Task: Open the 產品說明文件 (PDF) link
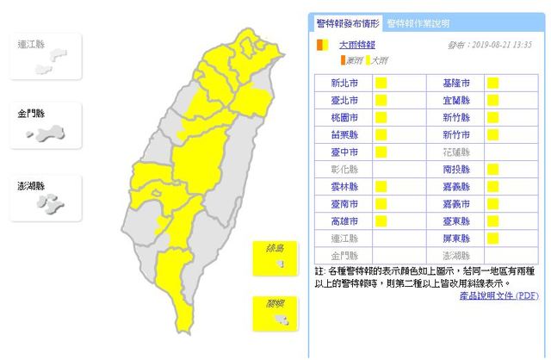point(497,295)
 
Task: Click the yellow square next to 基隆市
point(494,84)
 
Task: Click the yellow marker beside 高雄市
point(379,220)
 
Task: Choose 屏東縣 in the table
point(455,237)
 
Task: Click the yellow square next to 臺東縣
point(494,220)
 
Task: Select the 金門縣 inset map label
point(32,114)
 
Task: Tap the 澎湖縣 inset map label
point(32,186)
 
